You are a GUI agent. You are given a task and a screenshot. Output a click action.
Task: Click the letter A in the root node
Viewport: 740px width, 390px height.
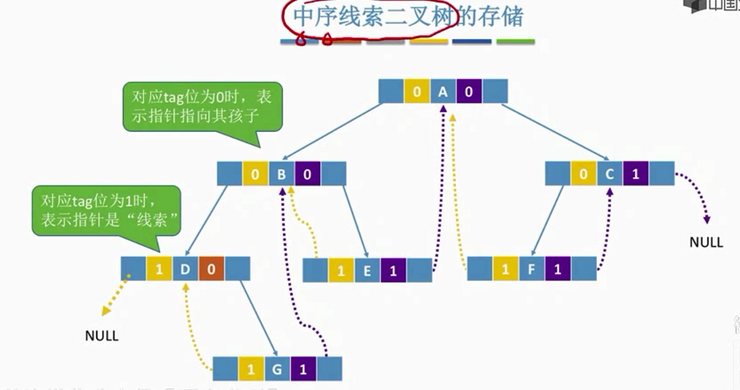[x=443, y=93]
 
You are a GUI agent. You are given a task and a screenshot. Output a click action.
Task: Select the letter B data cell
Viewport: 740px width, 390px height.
[x=281, y=174]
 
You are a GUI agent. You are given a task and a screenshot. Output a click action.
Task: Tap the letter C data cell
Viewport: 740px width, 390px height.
[x=610, y=174]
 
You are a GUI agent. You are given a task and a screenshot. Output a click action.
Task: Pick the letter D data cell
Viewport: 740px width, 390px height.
[x=185, y=269]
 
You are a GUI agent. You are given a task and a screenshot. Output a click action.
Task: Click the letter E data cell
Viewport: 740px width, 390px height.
[x=367, y=271]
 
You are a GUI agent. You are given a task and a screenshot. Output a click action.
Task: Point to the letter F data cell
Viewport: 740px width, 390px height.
[x=531, y=270]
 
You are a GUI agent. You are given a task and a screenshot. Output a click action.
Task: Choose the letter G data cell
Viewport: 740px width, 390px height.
[x=277, y=369]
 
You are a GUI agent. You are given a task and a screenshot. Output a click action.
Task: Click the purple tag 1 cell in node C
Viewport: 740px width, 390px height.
[x=636, y=174]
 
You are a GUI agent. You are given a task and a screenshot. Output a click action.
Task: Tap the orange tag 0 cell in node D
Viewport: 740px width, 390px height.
[x=211, y=269]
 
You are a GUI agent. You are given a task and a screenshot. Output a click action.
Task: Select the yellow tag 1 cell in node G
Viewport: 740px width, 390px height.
[x=251, y=369]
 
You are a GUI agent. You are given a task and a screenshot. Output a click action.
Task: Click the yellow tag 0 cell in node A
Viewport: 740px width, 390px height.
[x=417, y=93]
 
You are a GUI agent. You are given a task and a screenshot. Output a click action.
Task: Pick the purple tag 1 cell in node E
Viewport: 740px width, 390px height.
[x=393, y=271]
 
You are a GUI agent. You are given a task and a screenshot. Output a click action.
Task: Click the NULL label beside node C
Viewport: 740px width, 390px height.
[x=706, y=242]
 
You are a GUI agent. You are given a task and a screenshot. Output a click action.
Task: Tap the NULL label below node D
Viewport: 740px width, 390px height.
[x=102, y=335]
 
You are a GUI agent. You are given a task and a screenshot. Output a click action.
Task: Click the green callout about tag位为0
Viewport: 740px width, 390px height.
[x=201, y=107]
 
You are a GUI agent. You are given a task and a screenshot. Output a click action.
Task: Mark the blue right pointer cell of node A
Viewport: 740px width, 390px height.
[x=494, y=93]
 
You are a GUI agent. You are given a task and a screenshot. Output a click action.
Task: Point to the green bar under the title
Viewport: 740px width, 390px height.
[x=516, y=42]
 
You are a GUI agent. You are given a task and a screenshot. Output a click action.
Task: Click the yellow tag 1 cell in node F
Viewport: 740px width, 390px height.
[x=505, y=270]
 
